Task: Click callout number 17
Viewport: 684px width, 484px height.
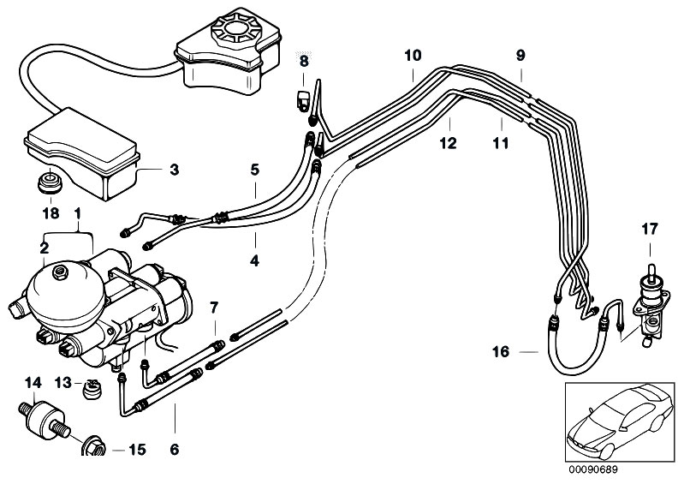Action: click(649, 229)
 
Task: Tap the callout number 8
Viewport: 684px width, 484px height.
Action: click(304, 61)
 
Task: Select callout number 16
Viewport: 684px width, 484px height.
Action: click(501, 351)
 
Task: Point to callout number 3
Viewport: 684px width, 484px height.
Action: click(174, 170)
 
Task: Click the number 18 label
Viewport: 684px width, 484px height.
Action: click(51, 213)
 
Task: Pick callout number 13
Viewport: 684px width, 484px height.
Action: click(63, 383)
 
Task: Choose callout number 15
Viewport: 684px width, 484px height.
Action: click(137, 450)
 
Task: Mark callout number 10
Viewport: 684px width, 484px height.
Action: click(413, 56)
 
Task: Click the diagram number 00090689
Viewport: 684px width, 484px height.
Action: click(593, 469)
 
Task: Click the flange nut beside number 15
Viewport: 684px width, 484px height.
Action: click(94, 446)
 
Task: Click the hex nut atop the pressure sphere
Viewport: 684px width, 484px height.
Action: click(60, 273)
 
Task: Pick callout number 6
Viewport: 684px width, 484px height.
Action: click(174, 449)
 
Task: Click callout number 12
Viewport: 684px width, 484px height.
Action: click(448, 143)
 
